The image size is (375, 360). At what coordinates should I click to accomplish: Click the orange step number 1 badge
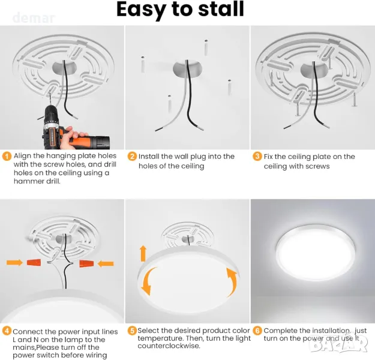7,157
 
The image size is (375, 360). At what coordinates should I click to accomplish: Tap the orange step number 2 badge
132,157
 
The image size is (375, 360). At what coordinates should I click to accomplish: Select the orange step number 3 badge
257,157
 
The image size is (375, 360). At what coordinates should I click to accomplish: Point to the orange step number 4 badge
7,331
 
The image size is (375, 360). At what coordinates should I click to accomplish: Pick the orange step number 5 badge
132,331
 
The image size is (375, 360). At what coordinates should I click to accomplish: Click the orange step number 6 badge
257,331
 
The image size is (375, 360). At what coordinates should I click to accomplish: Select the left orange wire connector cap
34,262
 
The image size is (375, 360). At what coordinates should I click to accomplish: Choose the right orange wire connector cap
86,263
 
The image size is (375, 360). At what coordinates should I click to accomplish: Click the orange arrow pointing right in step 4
14,262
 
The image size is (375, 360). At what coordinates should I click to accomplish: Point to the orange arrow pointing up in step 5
143,253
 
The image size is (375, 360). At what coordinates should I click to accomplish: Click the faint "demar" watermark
34,18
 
